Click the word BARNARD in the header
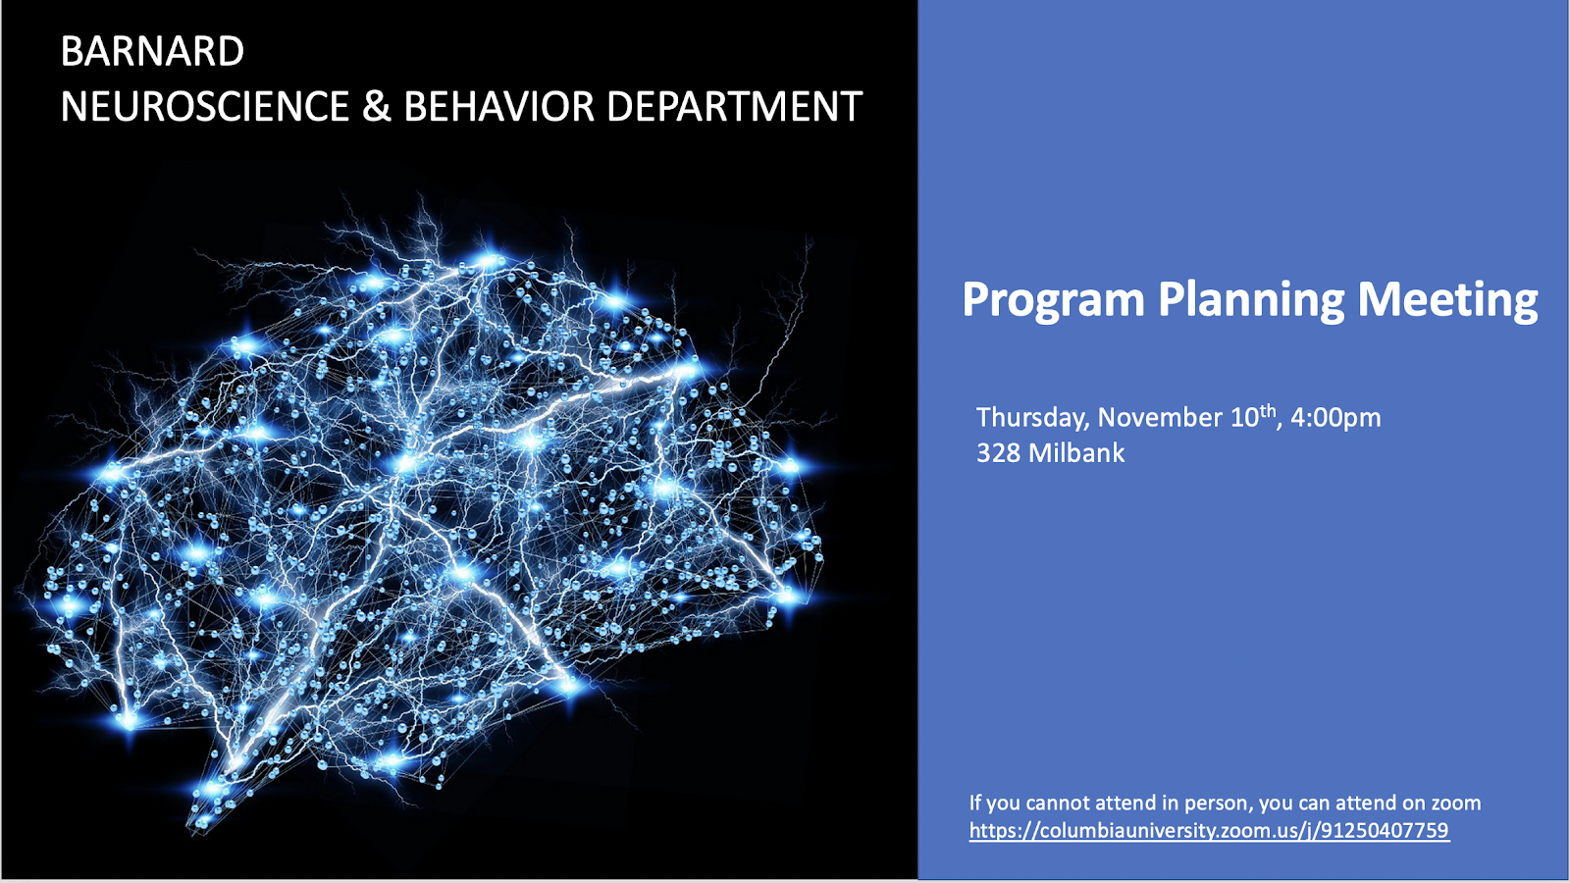(152, 51)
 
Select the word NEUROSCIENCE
(205, 106)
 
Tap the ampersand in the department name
(377, 106)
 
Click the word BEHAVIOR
(498, 106)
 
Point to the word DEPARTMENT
(734, 106)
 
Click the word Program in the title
(1053, 300)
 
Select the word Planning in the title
(1250, 300)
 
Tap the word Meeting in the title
(1447, 300)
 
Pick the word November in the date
(1161, 417)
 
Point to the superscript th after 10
(1268, 411)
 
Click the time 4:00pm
(1335, 417)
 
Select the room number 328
(998, 452)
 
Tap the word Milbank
(1076, 452)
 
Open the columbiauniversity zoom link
(1209, 830)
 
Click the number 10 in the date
(1245, 418)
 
